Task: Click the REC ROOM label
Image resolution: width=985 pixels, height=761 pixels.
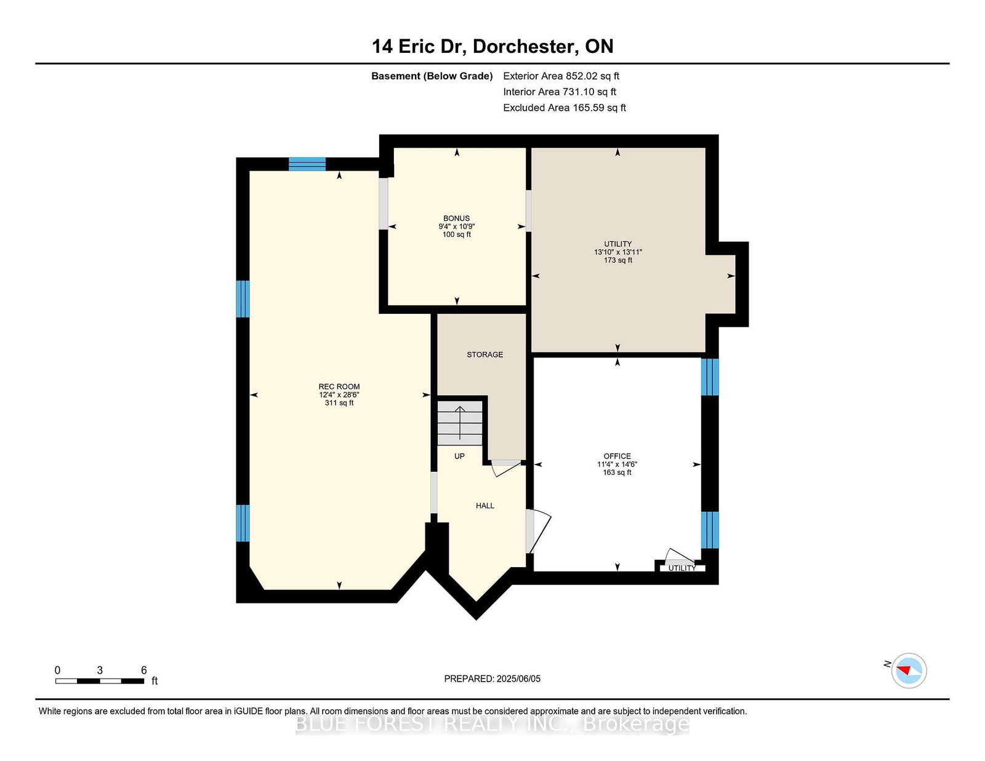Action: [x=339, y=386]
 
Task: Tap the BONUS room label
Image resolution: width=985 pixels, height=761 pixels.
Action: [x=456, y=218]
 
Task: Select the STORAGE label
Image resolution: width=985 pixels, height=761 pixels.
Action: [x=484, y=355]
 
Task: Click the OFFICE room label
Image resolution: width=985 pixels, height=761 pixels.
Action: [x=617, y=456]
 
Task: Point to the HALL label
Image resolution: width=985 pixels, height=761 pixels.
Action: [x=484, y=506]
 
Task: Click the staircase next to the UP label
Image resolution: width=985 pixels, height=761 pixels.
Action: [x=460, y=423]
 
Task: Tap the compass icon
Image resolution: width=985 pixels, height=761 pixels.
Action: [x=909, y=671]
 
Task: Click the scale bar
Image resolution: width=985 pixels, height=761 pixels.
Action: [x=100, y=681]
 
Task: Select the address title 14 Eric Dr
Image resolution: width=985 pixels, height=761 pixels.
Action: [x=419, y=46]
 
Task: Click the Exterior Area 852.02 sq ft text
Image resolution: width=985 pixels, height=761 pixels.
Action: [x=561, y=76]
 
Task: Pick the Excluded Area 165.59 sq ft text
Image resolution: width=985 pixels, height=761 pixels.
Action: [x=565, y=108]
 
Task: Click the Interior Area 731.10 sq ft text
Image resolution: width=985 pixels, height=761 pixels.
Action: [x=560, y=92]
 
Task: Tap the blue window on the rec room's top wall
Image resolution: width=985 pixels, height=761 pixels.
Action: [x=307, y=164]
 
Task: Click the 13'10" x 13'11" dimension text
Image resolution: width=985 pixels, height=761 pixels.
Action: [x=618, y=252]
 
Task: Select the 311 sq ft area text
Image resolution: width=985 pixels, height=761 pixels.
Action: [x=339, y=403]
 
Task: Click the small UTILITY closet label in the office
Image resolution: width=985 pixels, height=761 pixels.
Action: [x=681, y=568]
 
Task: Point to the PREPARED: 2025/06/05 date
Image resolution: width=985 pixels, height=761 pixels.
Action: [x=492, y=679]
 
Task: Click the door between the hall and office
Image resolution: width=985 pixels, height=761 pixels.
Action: [x=538, y=532]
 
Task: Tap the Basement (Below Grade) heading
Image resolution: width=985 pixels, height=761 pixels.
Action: [x=432, y=76]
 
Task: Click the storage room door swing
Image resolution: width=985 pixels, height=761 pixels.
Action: [x=506, y=468]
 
